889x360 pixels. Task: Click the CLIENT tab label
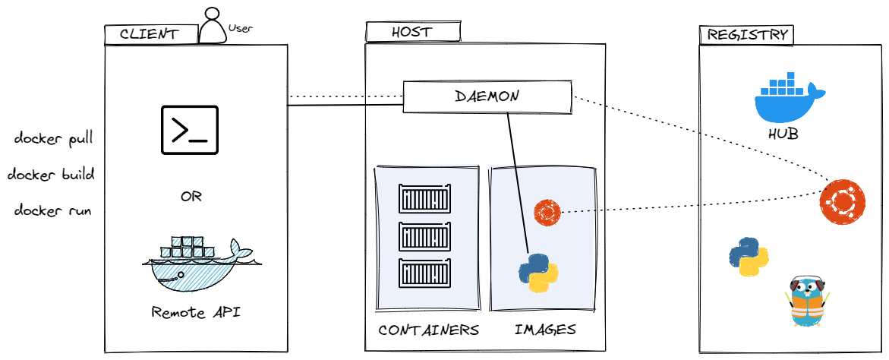[x=150, y=34]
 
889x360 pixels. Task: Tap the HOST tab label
[x=411, y=32]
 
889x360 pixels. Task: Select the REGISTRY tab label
[x=746, y=35]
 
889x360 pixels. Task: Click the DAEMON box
[x=487, y=97]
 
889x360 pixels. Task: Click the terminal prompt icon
[x=189, y=130]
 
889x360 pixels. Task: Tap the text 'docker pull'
[x=53, y=139]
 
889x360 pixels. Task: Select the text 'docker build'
[x=51, y=175]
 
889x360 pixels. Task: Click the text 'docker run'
[x=53, y=210]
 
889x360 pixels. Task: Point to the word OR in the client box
[x=191, y=197]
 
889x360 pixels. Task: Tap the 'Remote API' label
[x=196, y=311]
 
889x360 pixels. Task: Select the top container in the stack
[x=425, y=199]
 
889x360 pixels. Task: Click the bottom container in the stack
[x=425, y=273]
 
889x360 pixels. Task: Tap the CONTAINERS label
[x=428, y=330]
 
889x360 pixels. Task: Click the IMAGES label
[x=545, y=330]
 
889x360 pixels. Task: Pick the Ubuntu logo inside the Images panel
[x=547, y=212]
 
